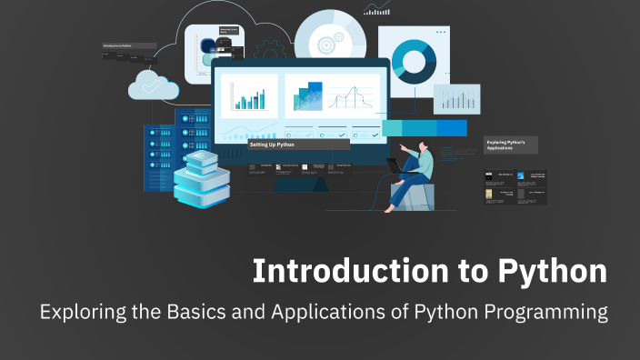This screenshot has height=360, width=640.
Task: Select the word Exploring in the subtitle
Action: click(76, 313)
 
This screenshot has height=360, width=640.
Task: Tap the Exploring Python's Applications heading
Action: click(512, 145)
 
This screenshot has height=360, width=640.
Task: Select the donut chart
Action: click(415, 60)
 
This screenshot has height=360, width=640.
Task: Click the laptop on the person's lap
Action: click(397, 165)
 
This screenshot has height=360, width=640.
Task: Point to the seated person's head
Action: click(423, 145)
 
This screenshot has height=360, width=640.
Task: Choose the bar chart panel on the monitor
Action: click(248, 95)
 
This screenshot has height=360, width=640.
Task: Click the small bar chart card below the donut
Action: click(456, 98)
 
